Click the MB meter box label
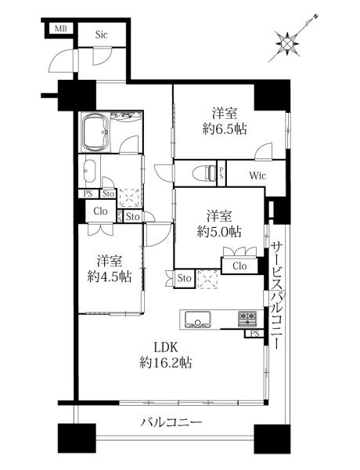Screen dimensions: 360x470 [x=60, y=29]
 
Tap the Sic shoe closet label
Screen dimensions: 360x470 [x=101, y=34]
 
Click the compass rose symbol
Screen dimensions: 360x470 [x=288, y=45]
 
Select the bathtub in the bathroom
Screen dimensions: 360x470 [x=95, y=133]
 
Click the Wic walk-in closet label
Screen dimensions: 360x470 [x=257, y=175]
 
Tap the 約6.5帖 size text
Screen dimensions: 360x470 [x=225, y=129]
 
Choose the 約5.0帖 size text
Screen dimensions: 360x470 [x=219, y=231]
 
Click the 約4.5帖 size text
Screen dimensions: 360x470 [x=110, y=277]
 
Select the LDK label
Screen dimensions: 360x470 [x=166, y=347]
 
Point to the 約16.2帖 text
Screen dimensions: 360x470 [x=166, y=363]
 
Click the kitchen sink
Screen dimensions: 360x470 [x=197, y=320]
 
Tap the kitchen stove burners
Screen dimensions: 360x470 [x=247, y=319]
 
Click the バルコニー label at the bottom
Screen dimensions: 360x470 [x=171, y=422]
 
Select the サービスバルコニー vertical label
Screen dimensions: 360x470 [x=277, y=295]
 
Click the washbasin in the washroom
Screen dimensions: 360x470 [x=89, y=171]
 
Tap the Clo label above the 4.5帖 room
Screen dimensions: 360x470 [x=100, y=211]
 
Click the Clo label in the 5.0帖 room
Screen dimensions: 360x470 [x=239, y=266]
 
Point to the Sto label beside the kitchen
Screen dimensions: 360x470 [x=184, y=278]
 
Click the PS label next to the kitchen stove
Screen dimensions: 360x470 [x=254, y=334]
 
